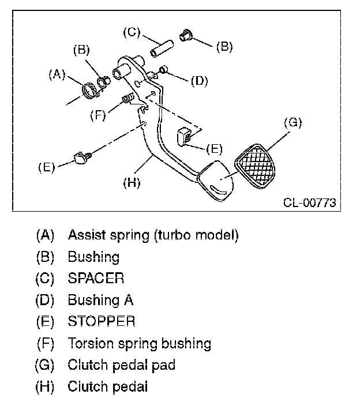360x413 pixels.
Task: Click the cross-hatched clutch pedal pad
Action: pyautogui.click(x=255, y=167)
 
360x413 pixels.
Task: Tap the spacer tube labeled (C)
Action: pyautogui.click(x=162, y=48)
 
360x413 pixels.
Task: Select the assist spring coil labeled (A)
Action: pyautogui.click(x=89, y=91)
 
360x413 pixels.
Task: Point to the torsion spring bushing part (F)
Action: pyautogui.click(x=128, y=97)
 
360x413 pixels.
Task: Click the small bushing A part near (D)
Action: pyautogui.click(x=164, y=70)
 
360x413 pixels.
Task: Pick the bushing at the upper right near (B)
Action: pyautogui.click(x=186, y=36)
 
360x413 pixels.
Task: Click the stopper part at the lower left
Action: pyautogui.click(x=82, y=157)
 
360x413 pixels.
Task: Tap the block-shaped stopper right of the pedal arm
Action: pyautogui.click(x=184, y=136)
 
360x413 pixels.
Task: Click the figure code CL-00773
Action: pyautogui.click(x=309, y=203)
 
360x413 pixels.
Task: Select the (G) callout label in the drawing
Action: pyautogui.click(x=293, y=123)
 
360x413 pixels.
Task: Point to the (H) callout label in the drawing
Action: pyautogui.click(x=132, y=182)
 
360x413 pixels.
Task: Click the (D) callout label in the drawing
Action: pyautogui.click(x=199, y=81)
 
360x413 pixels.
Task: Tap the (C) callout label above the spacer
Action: pyautogui.click(x=132, y=32)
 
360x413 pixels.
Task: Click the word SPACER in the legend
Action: pyautogui.click(x=96, y=278)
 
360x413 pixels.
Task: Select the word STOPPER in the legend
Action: pyautogui.click(x=102, y=321)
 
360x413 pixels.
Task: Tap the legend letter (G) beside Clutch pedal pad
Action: pyautogui.click(x=44, y=365)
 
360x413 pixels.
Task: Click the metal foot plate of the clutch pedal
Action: pyautogui.click(x=215, y=181)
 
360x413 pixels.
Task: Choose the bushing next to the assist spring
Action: pyautogui.click(x=104, y=81)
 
